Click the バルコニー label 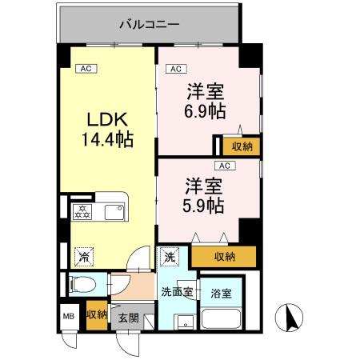(x=148, y=25)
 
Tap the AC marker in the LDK (x=86, y=69)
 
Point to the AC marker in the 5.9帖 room (x=224, y=166)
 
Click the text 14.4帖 (x=106, y=139)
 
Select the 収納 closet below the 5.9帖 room (x=225, y=256)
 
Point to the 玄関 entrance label (x=128, y=318)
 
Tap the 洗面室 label (x=176, y=291)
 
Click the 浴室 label (x=221, y=293)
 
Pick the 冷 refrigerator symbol (x=82, y=258)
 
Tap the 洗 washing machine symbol (x=170, y=258)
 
